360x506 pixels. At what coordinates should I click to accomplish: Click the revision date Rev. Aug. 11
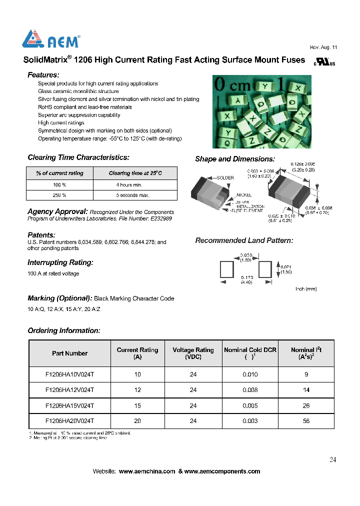coord(323,47)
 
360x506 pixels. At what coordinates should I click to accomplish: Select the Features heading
coord(43,74)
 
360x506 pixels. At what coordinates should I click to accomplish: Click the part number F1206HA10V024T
coord(69,374)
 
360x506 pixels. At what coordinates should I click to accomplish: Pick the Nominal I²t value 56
coord(306,421)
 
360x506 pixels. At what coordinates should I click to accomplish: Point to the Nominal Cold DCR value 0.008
coord(250,390)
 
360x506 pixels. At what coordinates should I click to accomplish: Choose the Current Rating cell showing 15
coord(137,405)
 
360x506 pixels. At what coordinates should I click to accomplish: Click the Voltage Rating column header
coord(193,353)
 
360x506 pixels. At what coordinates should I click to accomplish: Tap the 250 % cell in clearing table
coord(59,195)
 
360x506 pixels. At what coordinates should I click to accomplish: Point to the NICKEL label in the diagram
coord(244,195)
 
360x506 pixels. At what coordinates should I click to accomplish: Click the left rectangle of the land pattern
coord(226,269)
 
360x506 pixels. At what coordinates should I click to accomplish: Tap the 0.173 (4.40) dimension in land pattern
coord(246,279)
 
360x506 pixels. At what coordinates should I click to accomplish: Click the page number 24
coord(332,460)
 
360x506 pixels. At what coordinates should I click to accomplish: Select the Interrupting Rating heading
coord(60,262)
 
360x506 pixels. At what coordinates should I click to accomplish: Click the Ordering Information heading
coord(63,330)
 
